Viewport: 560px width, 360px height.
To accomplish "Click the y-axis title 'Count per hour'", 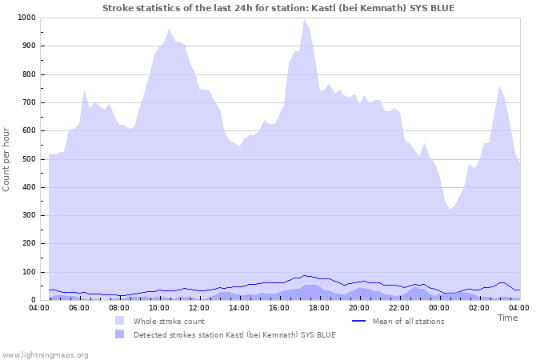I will coord(7,159).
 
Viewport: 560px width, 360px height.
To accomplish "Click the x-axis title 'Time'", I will coord(507,318).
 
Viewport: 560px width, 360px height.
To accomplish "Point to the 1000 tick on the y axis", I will coord(26,18).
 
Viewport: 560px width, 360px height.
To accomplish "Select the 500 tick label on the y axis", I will coord(28,159).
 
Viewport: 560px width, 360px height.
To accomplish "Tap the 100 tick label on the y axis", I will coord(28,272).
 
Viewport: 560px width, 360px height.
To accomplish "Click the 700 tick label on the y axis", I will coord(28,102).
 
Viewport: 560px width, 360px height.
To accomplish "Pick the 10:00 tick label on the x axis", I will coord(159,307).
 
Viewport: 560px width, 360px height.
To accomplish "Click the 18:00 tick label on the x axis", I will coord(319,307).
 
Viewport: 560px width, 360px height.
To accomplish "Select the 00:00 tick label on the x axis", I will coord(439,307).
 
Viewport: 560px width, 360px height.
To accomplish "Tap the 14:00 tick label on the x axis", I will coord(239,307).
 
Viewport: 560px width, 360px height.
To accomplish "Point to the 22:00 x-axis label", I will coord(399,307).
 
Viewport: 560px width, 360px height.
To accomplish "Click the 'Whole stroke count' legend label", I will coord(169,321).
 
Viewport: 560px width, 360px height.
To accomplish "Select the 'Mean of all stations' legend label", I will coord(408,321).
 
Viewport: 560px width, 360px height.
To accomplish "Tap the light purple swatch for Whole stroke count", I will coord(120,321).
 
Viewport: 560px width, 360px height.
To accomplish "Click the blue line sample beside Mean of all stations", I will coord(358,321).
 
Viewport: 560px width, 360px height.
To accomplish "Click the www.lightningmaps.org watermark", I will coord(45,354).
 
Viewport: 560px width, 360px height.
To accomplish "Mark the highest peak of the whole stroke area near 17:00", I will coord(304,19).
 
